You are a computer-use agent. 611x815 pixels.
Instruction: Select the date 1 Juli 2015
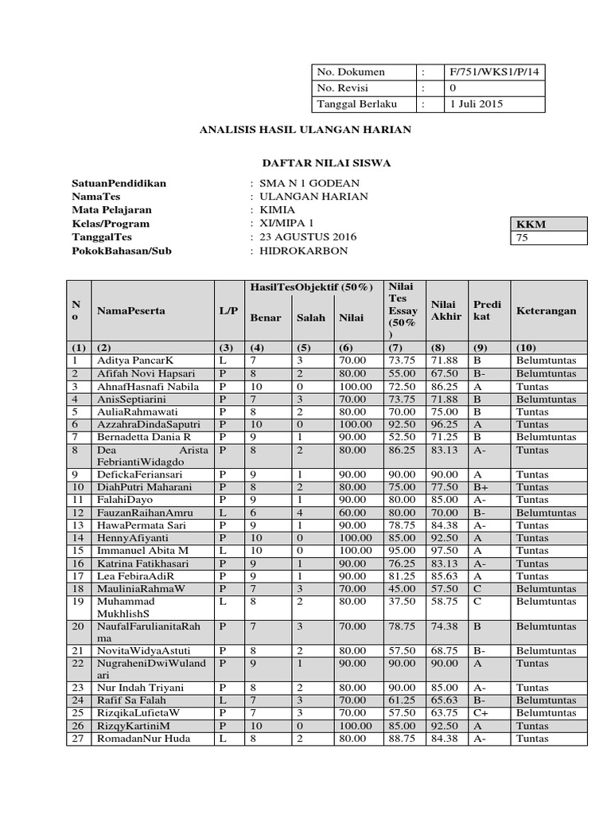point(476,104)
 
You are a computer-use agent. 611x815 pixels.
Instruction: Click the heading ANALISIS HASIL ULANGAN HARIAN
point(305,129)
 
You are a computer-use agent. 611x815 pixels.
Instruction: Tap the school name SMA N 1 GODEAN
point(303,183)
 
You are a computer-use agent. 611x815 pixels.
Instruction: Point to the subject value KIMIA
point(272,210)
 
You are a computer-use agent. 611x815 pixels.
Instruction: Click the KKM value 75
point(523,237)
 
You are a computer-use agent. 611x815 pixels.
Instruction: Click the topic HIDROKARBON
point(298,251)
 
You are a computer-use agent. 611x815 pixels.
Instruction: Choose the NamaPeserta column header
point(131,310)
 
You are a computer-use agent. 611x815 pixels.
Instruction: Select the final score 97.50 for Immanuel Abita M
point(445,550)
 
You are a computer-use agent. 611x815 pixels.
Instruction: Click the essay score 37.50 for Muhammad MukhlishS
point(402,602)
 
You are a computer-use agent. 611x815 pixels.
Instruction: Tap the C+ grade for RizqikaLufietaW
point(481,713)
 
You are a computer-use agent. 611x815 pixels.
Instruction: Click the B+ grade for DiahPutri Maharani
point(481,487)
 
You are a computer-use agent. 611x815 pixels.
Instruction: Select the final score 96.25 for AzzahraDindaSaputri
point(445,424)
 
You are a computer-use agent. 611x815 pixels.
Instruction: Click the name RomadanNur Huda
point(142,739)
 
